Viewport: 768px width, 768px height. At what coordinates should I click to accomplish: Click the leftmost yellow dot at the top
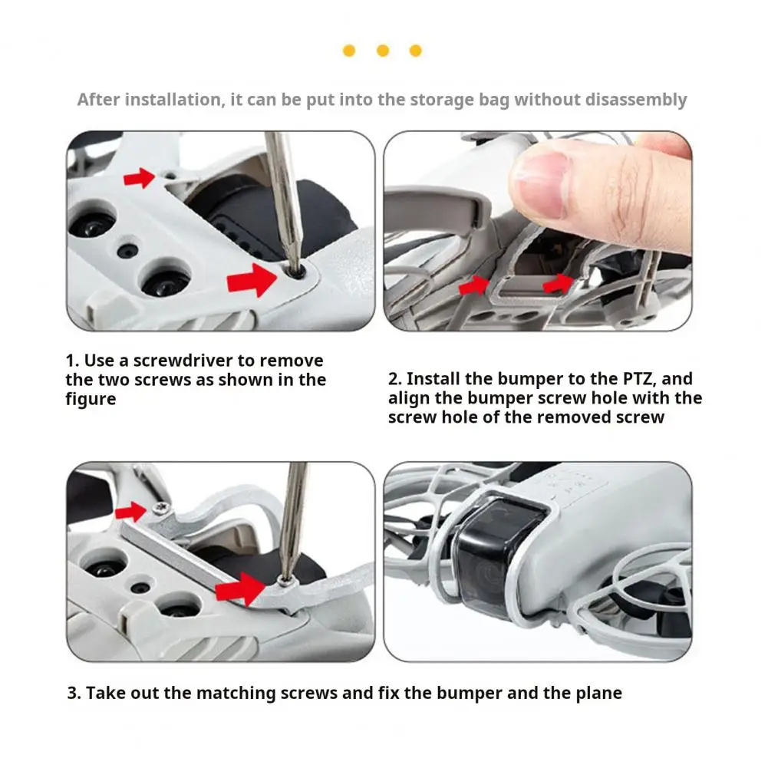click(349, 51)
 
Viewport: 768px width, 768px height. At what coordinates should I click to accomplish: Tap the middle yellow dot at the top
click(383, 51)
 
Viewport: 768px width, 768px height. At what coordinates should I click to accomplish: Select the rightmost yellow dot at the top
click(415, 51)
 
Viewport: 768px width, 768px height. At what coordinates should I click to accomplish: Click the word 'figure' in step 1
click(91, 400)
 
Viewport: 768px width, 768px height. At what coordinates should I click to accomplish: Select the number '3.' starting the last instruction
click(74, 693)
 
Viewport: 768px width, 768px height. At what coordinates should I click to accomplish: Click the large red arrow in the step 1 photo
click(252, 280)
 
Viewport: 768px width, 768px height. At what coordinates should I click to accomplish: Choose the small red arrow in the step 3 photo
click(130, 513)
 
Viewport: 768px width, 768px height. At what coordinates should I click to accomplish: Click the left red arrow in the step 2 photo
click(474, 285)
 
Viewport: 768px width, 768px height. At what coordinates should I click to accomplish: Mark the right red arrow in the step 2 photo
click(558, 284)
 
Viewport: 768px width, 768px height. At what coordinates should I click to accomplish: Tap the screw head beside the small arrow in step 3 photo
click(160, 508)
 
